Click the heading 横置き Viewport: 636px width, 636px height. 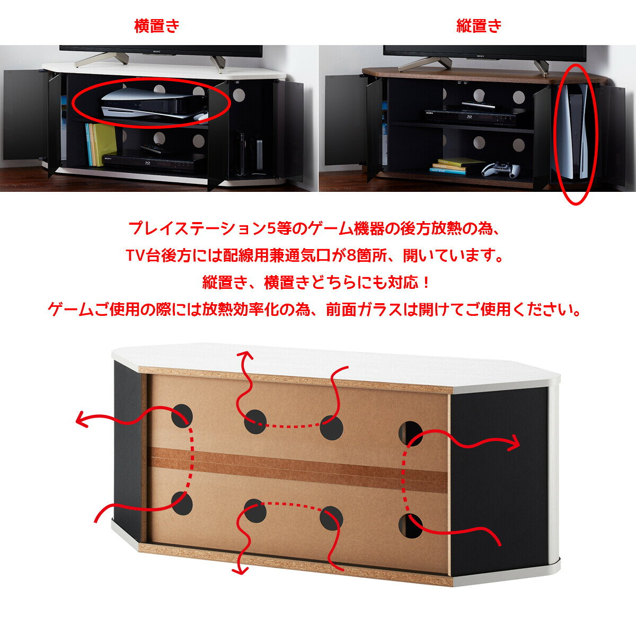point(157,26)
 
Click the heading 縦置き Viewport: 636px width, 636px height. point(479,26)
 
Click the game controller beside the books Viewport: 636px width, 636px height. point(500,169)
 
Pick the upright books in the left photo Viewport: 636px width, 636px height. point(100,144)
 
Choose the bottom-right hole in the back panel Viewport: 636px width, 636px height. point(410,526)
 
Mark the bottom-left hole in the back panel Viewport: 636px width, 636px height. point(182,503)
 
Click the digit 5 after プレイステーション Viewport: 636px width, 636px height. point(271,228)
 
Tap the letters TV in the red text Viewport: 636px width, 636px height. point(136,256)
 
